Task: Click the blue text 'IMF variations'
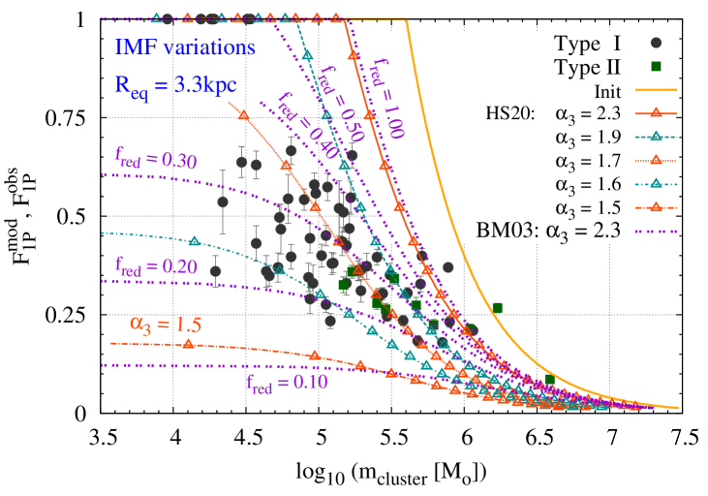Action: pos(185,47)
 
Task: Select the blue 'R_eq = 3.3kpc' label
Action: pos(175,84)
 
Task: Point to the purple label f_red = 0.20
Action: pos(155,265)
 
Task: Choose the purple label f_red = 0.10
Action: pos(287,382)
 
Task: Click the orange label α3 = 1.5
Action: pos(166,324)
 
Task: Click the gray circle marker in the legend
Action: pos(656,43)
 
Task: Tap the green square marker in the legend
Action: pos(656,66)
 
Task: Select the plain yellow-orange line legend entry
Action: pos(656,89)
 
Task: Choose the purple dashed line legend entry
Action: pos(656,232)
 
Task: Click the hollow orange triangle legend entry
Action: pos(656,160)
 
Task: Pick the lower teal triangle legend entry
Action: pos(656,183)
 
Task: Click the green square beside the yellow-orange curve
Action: pos(497,308)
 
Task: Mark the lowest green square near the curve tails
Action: pos(549,379)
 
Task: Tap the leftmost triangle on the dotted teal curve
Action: pos(194,240)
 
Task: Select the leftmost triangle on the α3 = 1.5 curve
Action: pos(189,343)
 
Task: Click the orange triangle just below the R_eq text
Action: pos(244,114)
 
